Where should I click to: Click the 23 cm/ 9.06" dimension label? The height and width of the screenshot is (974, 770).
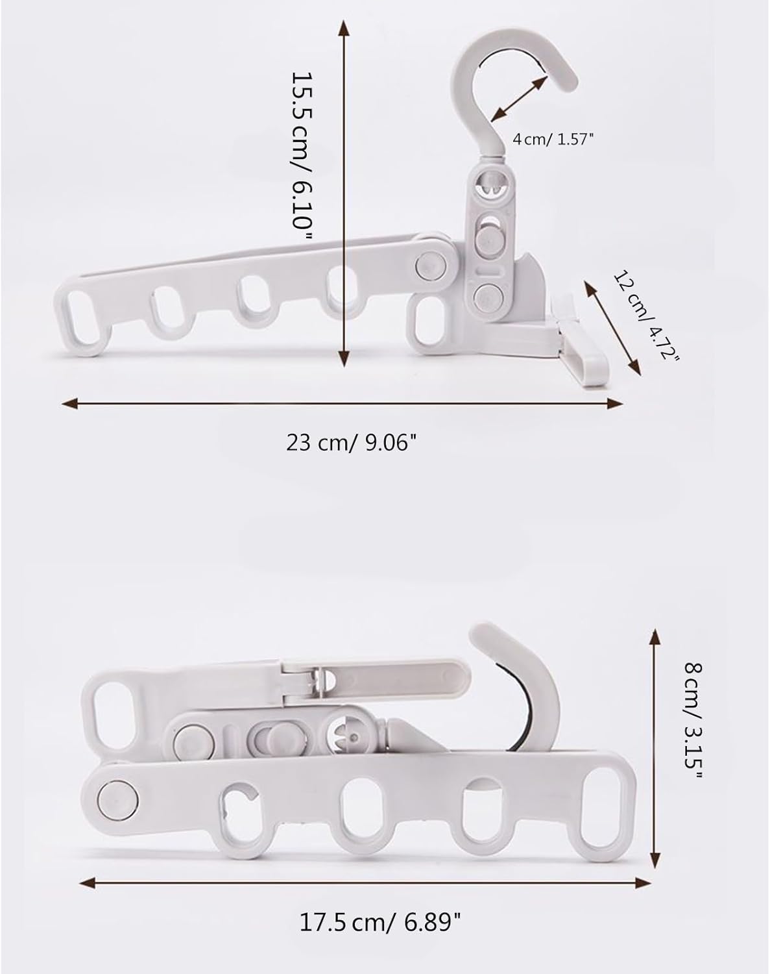pos(350,442)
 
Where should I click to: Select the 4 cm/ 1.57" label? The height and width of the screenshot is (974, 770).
pos(552,140)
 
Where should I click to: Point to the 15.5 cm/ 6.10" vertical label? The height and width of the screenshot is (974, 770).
pos(302,156)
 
